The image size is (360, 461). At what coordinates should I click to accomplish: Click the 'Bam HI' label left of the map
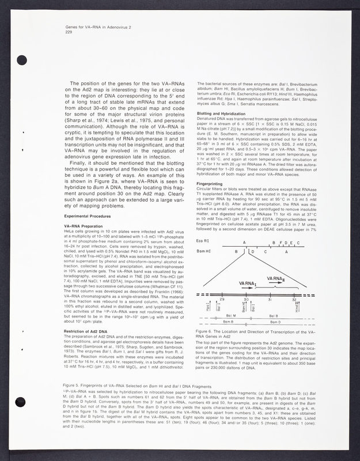(x=203, y=252)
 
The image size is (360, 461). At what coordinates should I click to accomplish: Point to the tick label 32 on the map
(x=294, y=300)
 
